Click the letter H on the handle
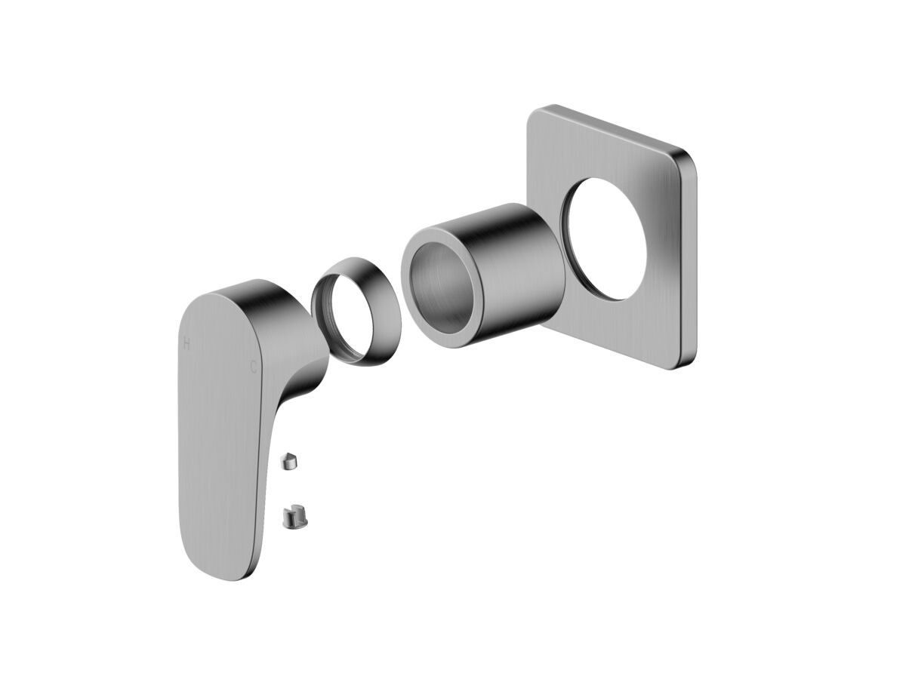pos(186,343)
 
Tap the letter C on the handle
pos(253,367)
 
